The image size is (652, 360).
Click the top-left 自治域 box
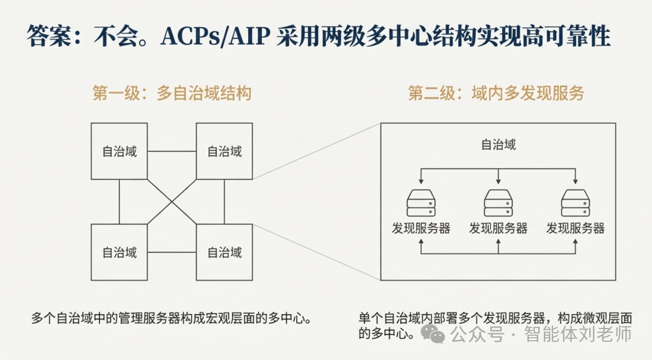(x=119, y=151)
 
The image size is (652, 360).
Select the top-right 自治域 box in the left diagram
(x=224, y=151)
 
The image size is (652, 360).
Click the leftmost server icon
(x=421, y=203)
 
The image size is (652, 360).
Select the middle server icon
(x=498, y=203)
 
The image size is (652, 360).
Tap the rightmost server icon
(x=575, y=203)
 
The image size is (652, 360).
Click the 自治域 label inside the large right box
(x=498, y=145)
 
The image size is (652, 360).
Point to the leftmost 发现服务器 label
(x=421, y=228)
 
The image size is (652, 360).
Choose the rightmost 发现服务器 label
(x=575, y=228)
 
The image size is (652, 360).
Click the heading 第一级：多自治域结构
(x=171, y=94)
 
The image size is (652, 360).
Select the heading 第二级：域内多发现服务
(x=496, y=94)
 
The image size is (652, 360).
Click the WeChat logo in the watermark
(x=433, y=332)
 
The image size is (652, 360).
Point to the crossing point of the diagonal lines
(x=172, y=202)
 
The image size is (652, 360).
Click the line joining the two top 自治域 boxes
(x=172, y=151)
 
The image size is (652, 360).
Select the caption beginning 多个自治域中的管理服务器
(x=171, y=318)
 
